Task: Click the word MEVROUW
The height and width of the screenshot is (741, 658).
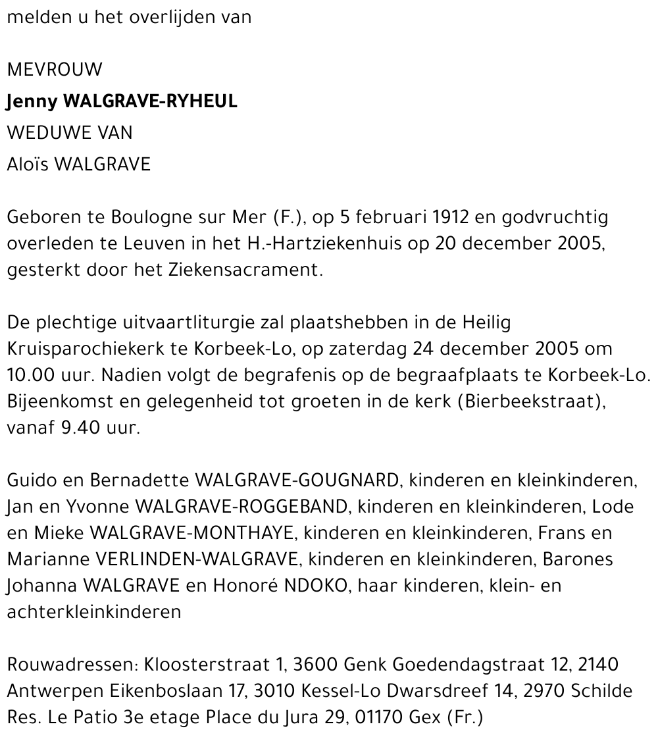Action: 55,70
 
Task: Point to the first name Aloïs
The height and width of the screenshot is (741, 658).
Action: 28,165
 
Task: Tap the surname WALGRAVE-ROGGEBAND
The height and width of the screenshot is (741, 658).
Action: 241,507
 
